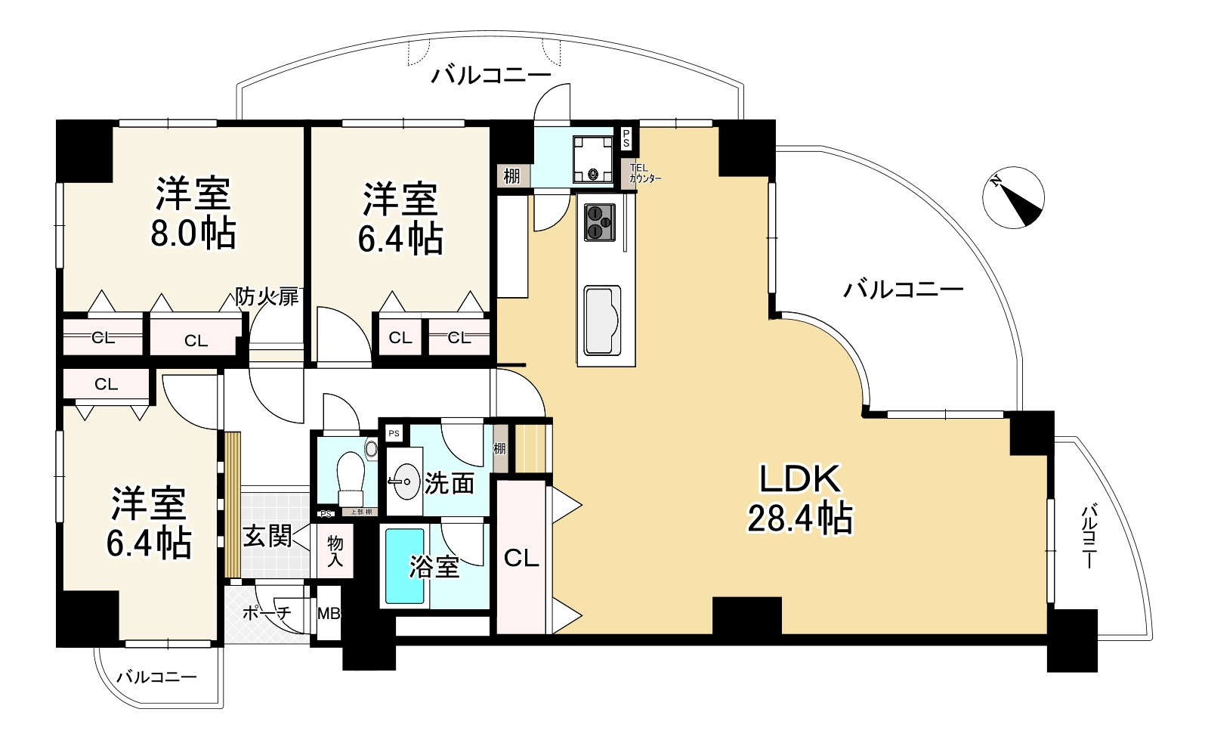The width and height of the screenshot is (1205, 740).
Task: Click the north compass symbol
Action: (x=1013, y=197)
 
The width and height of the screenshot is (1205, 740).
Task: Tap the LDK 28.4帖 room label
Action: (x=799, y=499)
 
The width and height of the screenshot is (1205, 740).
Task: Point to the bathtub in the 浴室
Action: (x=404, y=565)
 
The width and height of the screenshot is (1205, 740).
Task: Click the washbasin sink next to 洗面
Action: (x=405, y=481)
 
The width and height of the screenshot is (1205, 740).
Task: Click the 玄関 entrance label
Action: (x=267, y=537)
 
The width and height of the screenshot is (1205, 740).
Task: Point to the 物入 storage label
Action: (x=335, y=551)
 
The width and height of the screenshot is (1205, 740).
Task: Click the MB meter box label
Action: (x=329, y=613)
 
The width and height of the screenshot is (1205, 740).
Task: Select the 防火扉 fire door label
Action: (x=267, y=296)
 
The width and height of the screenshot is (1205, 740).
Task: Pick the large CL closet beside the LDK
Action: (x=521, y=558)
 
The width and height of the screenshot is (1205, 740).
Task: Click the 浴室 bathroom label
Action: (x=434, y=567)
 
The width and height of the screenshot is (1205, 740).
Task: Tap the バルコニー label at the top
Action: (x=491, y=76)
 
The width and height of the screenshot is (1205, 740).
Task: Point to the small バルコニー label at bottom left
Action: (x=156, y=677)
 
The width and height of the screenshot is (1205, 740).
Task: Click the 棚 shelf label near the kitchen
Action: (x=511, y=175)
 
